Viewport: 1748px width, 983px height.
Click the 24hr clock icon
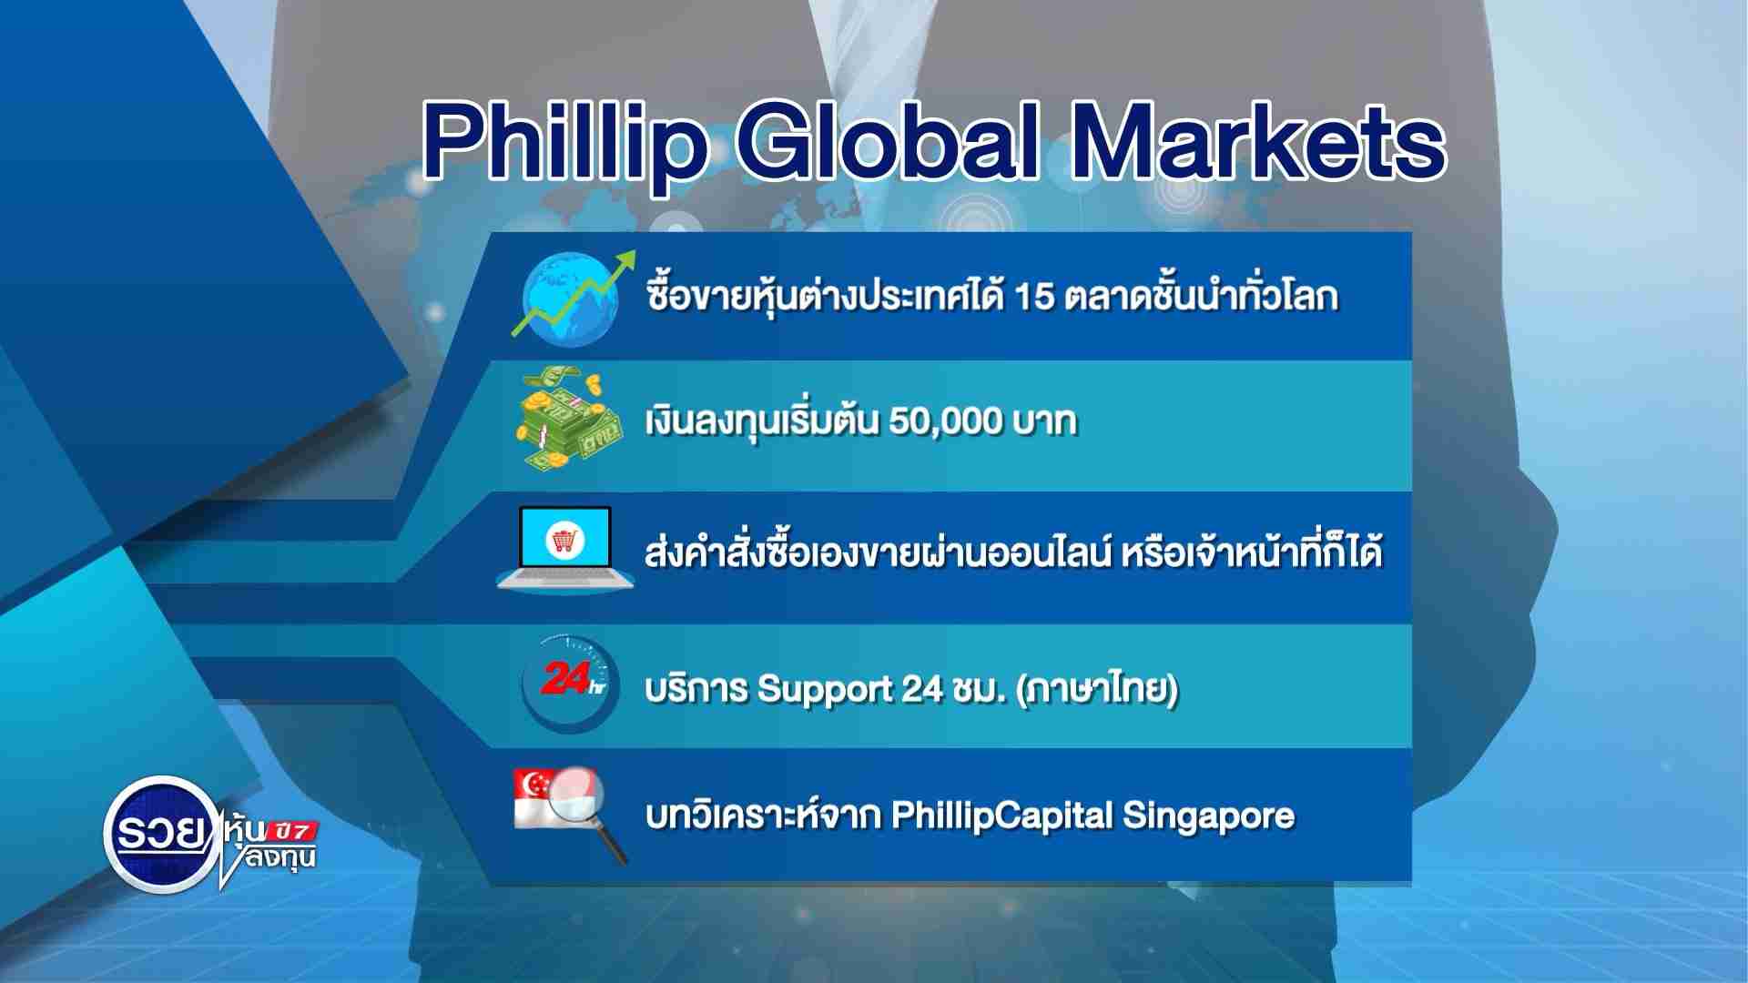[x=569, y=684]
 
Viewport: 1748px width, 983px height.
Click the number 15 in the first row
[x=1033, y=297]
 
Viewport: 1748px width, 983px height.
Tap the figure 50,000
[x=945, y=421]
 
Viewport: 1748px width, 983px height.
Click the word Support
[x=825, y=690]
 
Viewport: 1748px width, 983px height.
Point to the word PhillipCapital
[x=1002, y=816]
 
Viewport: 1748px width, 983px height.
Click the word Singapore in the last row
[x=1208, y=816]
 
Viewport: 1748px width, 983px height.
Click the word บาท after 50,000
[x=1045, y=422]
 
